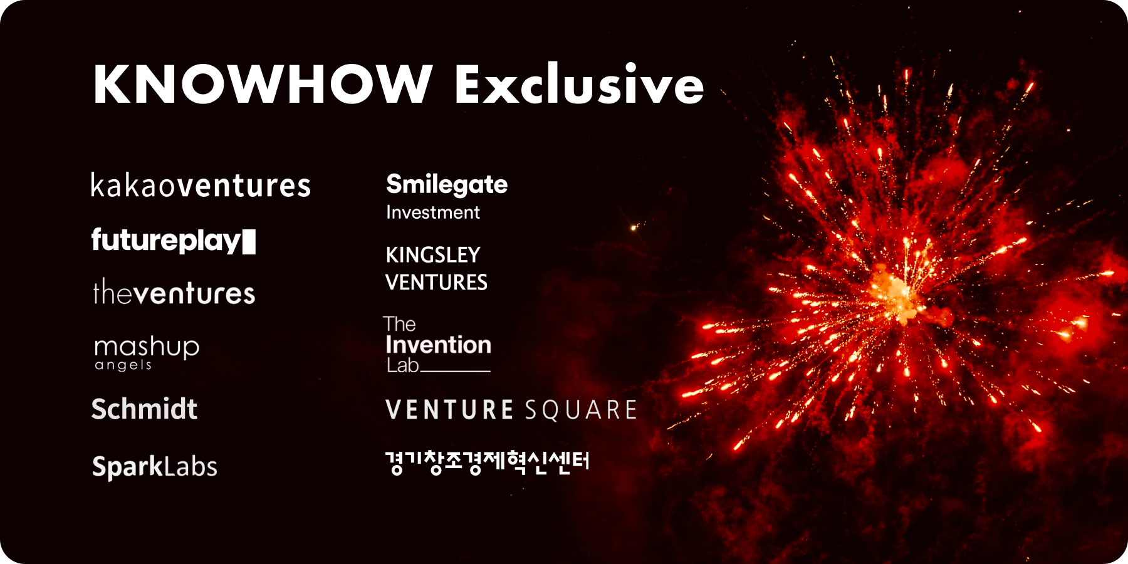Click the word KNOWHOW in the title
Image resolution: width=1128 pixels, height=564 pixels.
pyautogui.click(x=263, y=84)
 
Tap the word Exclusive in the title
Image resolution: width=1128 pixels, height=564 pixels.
pyautogui.click(x=580, y=84)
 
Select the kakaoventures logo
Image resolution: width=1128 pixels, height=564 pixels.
pyautogui.click(x=201, y=185)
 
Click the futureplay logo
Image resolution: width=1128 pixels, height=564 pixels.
pyautogui.click(x=166, y=241)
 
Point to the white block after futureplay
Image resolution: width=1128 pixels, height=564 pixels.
pyautogui.click(x=249, y=241)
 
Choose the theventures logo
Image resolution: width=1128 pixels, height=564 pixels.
pyautogui.click(x=174, y=293)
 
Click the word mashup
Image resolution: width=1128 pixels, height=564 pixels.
pyautogui.click(x=147, y=347)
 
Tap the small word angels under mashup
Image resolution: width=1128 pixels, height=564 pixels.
pyautogui.click(x=123, y=365)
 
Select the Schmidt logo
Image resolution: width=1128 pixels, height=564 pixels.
pyautogui.click(x=144, y=409)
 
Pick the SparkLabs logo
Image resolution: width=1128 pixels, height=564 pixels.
pyautogui.click(x=155, y=466)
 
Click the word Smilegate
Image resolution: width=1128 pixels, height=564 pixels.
pyautogui.click(x=447, y=184)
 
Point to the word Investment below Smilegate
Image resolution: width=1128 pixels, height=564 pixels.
pyautogui.click(x=433, y=212)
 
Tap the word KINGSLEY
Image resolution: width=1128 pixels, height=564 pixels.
pyautogui.click(x=433, y=255)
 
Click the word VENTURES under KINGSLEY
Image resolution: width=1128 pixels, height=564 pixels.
pyautogui.click(x=436, y=283)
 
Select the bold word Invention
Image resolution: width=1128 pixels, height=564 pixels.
pyautogui.click(x=438, y=345)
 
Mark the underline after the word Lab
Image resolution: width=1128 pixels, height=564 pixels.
pyautogui.click(x=456, y=371)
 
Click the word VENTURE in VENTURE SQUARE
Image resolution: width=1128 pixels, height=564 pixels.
pyautogui.click(x=450, y=410)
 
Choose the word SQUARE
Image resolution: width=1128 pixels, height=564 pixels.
pyautogui.click(x=581, y=410)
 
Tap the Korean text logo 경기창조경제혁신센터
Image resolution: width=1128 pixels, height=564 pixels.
pyautogui.click(x=488, y=462)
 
